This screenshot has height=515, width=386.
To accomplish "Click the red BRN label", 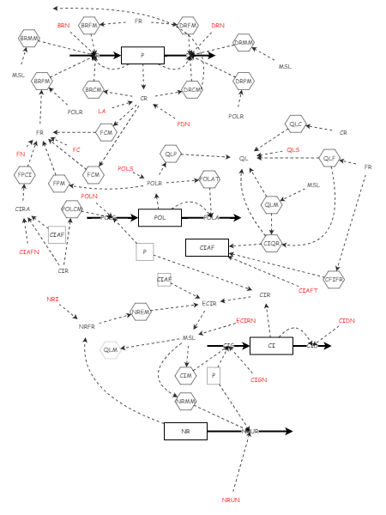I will pyautogui.click(x=63, y=26).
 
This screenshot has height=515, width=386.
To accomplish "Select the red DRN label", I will pyautogui.click(x=218, y=26).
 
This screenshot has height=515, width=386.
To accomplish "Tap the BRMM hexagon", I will pyautogui.click(x=30, y=38).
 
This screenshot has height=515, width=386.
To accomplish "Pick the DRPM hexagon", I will pyautogui.click(x=244, y=82).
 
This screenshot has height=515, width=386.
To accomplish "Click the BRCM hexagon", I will pyautogui.click(x=93, y=89).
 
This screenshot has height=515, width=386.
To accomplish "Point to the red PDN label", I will pyautogui.click(x=184, y=124).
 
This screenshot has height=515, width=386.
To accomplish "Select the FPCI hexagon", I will pyautogui.click(x=25, y=174).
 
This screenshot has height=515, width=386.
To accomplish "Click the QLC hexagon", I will pyautogui.click(x=296, y=124).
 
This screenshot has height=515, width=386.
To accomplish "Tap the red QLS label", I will pyautogui.click(x=293, y=150).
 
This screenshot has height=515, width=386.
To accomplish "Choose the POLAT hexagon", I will pyautogui.click(x=209, y=179).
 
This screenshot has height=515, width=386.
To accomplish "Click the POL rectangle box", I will pyautogui.click(x=160, y=217).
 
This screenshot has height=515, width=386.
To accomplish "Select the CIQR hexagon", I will pyautogui.click(x=271, y=244).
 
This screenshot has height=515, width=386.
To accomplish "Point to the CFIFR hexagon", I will pyautogui.click(x=334, y=279).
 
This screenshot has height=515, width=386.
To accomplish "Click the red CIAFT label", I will pyautogui.click(x=308, y=291).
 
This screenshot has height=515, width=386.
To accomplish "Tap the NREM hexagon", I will pyautogui.click(x=142, y=312).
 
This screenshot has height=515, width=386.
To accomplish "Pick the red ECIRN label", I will pyautogui.click(x=245, y=320).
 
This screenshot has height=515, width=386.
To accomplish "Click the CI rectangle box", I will pyautogui.click(x=271, y=346).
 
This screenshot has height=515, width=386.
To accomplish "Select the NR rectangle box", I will pyautogui.click(x=185, y=431).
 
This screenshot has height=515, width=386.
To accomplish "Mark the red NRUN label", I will pyautogui.click(x=231, y=500).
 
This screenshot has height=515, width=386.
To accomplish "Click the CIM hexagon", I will pyautogui.click(x=185, y=375).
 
